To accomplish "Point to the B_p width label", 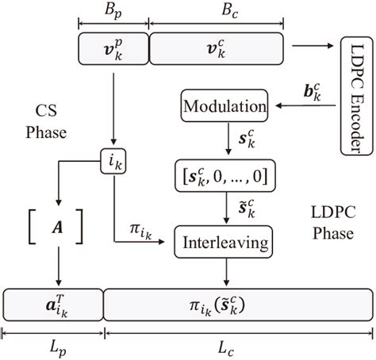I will [113, 10].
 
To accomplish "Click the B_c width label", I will [216, 10].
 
